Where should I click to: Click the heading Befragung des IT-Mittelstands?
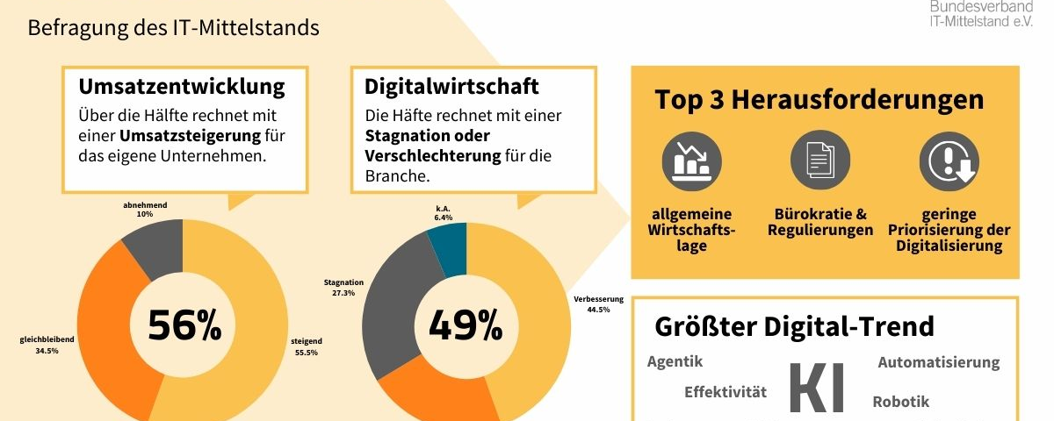pos(173,28)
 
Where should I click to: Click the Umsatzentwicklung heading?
pos(182,87)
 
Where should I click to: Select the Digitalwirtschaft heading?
pos(451,87)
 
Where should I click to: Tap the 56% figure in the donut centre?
pos(184,325)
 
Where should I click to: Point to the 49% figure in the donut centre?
pos(466,325)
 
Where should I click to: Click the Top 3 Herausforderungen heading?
pos(819,99)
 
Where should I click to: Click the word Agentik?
pos(675,361)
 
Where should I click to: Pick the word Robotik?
pos(900,402)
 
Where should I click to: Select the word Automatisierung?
pos(938,362)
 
